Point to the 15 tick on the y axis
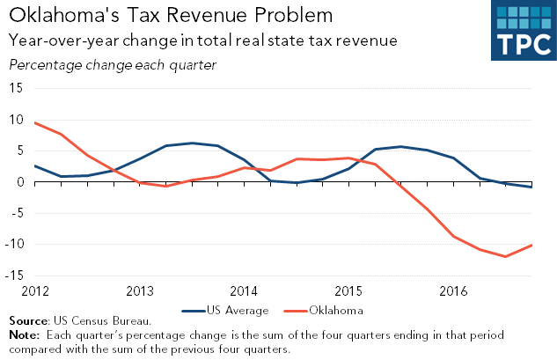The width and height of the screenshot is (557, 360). click(17, 85)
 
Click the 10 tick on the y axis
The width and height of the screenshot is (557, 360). click(17, 121)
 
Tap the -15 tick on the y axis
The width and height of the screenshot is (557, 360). click(14, 276)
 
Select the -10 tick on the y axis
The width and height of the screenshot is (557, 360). click(14, 244)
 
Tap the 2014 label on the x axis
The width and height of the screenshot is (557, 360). click(244, 290)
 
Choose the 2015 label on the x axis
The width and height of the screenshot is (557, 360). click(348, 290)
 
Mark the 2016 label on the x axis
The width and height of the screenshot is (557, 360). click(453, 290)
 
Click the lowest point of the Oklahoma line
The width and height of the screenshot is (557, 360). click(505, 256)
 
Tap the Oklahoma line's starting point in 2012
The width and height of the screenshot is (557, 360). click(35, 122)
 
